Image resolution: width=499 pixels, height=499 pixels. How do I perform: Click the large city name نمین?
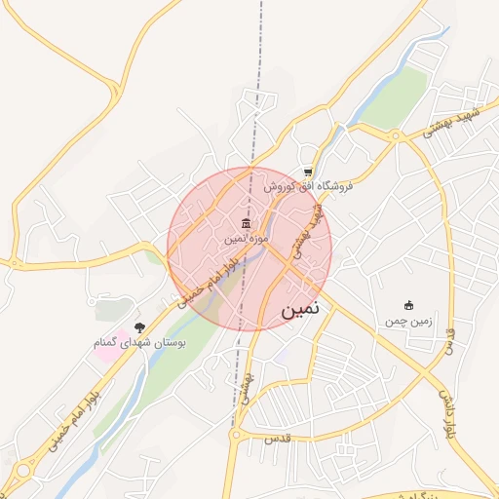(306, 311)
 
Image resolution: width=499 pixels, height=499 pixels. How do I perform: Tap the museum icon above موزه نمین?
(244, 223)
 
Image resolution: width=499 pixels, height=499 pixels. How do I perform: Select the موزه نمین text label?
(244, 238)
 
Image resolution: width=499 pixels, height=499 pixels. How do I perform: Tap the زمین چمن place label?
(407, 321)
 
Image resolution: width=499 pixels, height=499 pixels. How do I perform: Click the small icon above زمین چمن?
(407, 306)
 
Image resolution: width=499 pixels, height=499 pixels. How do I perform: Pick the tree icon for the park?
(139, 327)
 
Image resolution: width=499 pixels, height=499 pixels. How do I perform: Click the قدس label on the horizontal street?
(275, 441)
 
